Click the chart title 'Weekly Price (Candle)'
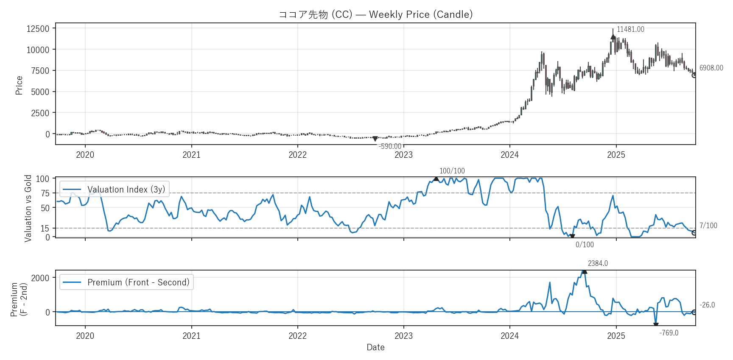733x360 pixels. (x=375, y=14)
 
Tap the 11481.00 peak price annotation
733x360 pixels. (x=630, y=29)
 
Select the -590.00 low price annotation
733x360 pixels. (x=390, y=146)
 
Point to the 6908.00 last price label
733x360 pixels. (x=711, y=68)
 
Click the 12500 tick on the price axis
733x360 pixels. (x=38, y=29)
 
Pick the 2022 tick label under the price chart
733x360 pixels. (x=297, y=155)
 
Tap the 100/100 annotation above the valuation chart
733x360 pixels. (x=452, y=171)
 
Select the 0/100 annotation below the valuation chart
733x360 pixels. (x=585, y=245)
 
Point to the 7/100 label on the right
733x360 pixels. (x=708, y=226)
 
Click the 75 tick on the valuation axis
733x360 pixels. (x=45, y=193)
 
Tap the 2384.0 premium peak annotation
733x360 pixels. (x=598, y=263)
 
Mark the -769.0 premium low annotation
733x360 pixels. (x=669, y=333)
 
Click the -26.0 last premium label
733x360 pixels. (x=707, y=305)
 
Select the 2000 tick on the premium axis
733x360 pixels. (x=40, y=278)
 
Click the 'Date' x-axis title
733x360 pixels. (x=375, y=347)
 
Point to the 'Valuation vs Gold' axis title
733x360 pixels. (x=28, y=208)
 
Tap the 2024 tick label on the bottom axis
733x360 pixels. (x=509, y=336)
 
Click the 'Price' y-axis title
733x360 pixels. (x=19, y=85)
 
